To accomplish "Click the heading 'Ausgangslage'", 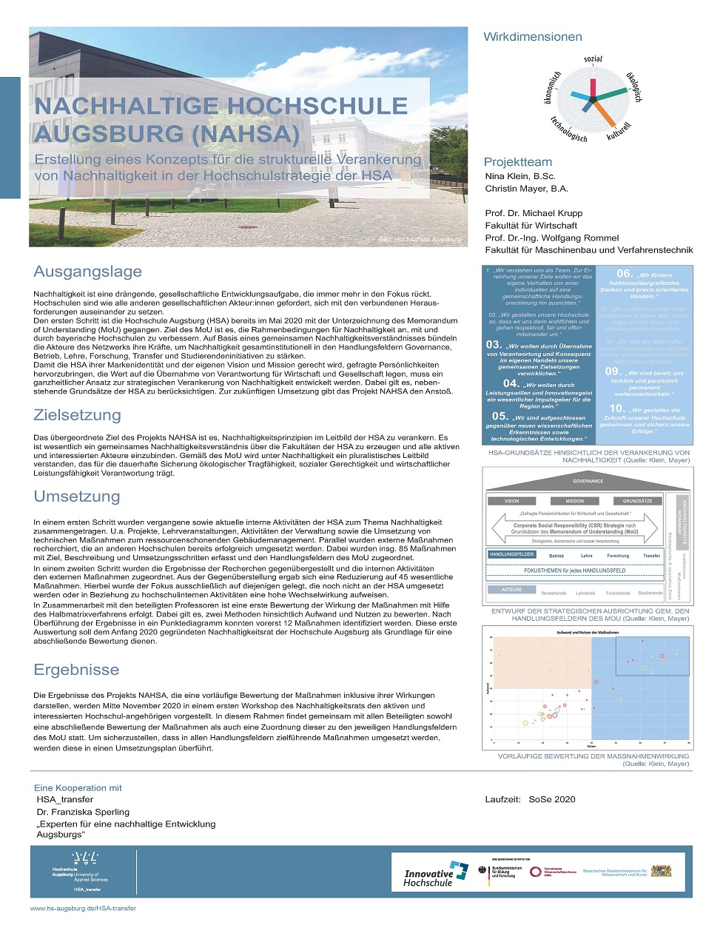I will [x=87, y=272].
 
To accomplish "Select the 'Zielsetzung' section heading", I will [x=77, y=415].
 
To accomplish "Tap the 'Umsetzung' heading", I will [x=77, y=497].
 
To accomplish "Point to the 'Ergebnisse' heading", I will [x=76, y=670].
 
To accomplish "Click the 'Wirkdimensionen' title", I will [x=533, y=37].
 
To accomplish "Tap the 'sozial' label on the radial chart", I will [x=593, y=59].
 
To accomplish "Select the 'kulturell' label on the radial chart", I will [x=618, y=132].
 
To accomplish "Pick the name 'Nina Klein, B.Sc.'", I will [x=520, y=176].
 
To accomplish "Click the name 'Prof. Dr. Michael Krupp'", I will [x=534, y=213].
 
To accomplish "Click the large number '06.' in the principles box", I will [x=625, y=274].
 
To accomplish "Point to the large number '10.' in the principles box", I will [x=617, y=408].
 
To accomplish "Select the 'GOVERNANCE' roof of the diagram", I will [x=588, y=481].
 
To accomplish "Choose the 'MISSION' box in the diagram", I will [x=574, y=501].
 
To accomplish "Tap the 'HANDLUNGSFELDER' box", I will [x=511, y=554].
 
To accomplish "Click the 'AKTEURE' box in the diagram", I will [x=511, y=590].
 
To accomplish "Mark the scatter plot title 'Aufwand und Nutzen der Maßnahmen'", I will [x=588, y=633].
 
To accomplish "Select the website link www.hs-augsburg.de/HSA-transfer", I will [x=83, y=908].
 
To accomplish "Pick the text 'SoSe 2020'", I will [x=552, y=799].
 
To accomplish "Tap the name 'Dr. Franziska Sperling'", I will [x=83, y=812].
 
